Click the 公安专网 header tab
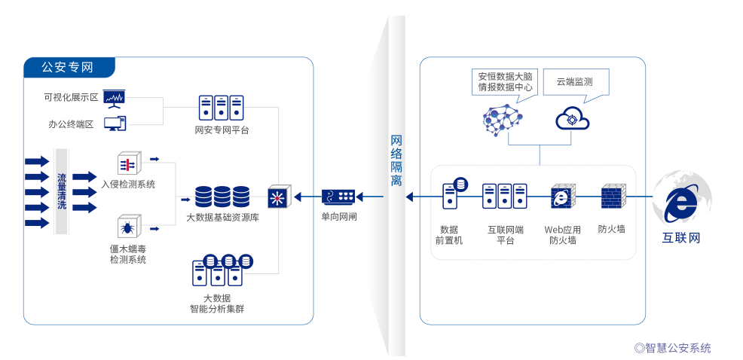pyautogui.click(x=69, y=67)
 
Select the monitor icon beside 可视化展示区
pyautogui.click(x=115, y=98)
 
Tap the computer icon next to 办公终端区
pyautogui.click(x=115, y=124)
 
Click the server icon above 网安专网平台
pyautogui.click(x=222, y=108)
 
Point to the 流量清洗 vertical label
pyautogui.click(x=62, y=191)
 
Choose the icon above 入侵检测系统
pyautogui.click(x=127, y=163)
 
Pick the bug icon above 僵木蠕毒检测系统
pyautogui.click(x=127, y=227)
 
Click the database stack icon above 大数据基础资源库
pyautogui.click(x=222, y=197)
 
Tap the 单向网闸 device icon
pyautogui.click(x=338, y=197)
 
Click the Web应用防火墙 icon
pyautogui.click(x=562, y=197)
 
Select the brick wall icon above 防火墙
pyautogui.click(x=611, y=197)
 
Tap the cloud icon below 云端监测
pyautogui.click(x=572, y=119)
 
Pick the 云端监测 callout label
pyautogui.click(x=574, y=81)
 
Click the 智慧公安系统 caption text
pyautogui.click(x=673, y=348)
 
